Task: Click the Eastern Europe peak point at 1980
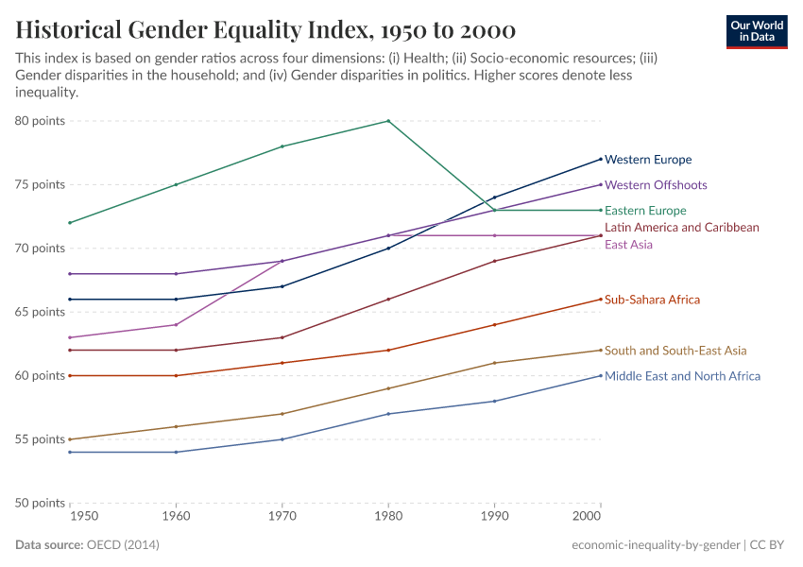[387, 121]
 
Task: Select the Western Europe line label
[648, 160]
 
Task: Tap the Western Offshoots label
[656, 185]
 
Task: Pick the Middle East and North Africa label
[682, 376]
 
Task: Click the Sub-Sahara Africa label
[652, 300]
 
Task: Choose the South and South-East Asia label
[675, 351]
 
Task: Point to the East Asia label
[628, 245]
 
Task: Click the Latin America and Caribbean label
[681, 228]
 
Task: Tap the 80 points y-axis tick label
[40, 121]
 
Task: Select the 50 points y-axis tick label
[40, 503]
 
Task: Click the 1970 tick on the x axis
[281, 519]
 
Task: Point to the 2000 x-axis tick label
[588, 519]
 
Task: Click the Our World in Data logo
[757, 31]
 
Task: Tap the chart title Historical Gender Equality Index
[265, 29]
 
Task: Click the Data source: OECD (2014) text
[87, 545]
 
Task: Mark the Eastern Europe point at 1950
[70, 223]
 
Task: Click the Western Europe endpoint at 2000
[600, 159]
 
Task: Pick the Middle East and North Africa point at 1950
[70, 452]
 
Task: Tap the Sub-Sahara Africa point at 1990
[494, 325]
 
